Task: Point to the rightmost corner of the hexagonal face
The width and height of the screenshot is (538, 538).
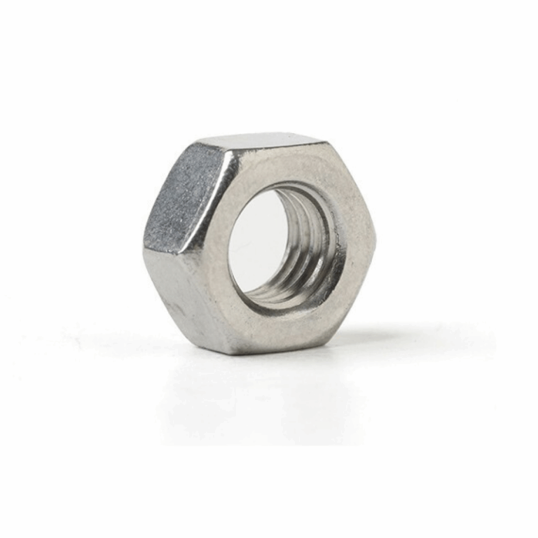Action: point(375,242)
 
